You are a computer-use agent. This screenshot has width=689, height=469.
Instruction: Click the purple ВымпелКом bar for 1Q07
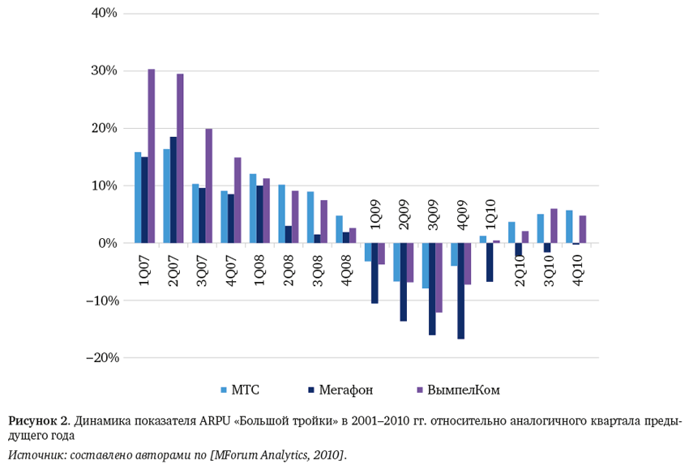[x=152, y=156]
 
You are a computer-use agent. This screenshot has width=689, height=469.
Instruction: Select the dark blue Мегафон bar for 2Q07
[x=173, y=190]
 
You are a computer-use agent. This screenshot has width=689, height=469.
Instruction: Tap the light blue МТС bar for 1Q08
[x=253, y=208]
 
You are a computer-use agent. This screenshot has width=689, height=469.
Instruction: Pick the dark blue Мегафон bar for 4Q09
[x=461, y=291]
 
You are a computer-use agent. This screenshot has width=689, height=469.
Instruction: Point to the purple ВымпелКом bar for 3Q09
[x=439, y=278]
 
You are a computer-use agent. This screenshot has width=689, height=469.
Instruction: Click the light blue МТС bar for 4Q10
[x=569, y=227]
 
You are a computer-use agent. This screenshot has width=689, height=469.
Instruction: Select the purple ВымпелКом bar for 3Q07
[x=209, y=185]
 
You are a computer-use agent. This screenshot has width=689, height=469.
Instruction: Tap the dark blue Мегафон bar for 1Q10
[x=490, y=262]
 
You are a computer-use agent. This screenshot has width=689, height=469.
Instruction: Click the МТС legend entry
[x=241, y=390]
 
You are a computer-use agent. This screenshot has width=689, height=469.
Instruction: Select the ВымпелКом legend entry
[x=458, y=390]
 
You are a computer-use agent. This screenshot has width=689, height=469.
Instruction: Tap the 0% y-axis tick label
[x=108, y=243]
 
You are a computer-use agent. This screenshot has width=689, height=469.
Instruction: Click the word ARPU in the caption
[x=216, y=421]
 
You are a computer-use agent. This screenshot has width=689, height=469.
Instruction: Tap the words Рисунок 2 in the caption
[x=38, y=421]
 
